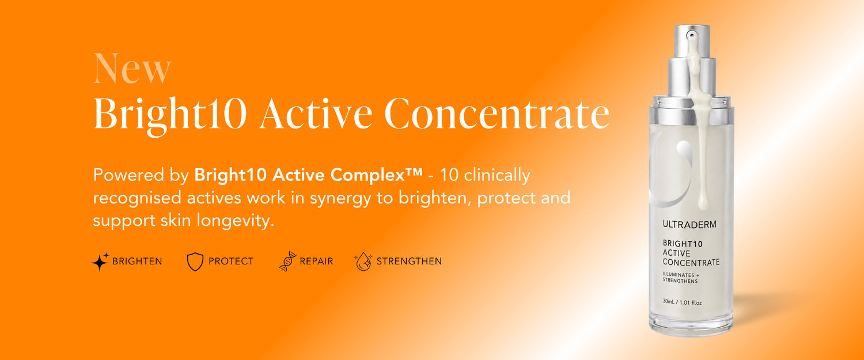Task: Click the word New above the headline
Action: [132, 69]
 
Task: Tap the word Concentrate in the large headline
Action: [497, 113]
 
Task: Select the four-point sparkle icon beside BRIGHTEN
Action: [100, 262]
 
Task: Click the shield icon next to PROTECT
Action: [195, 262]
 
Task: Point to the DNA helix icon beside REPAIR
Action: [288, 262]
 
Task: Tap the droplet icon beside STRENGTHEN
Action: [363, 262]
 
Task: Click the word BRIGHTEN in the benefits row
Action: [137, 262]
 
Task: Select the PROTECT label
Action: [230, 262]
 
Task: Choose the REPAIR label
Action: [316, 262]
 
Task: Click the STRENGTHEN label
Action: [409, 262]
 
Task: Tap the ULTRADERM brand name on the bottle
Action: [689, 224]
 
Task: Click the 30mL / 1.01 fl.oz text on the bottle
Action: [682, 302]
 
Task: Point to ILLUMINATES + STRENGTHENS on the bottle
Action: [681, 278]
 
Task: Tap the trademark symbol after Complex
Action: [414, 172]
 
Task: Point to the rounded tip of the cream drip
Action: [703, 205]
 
